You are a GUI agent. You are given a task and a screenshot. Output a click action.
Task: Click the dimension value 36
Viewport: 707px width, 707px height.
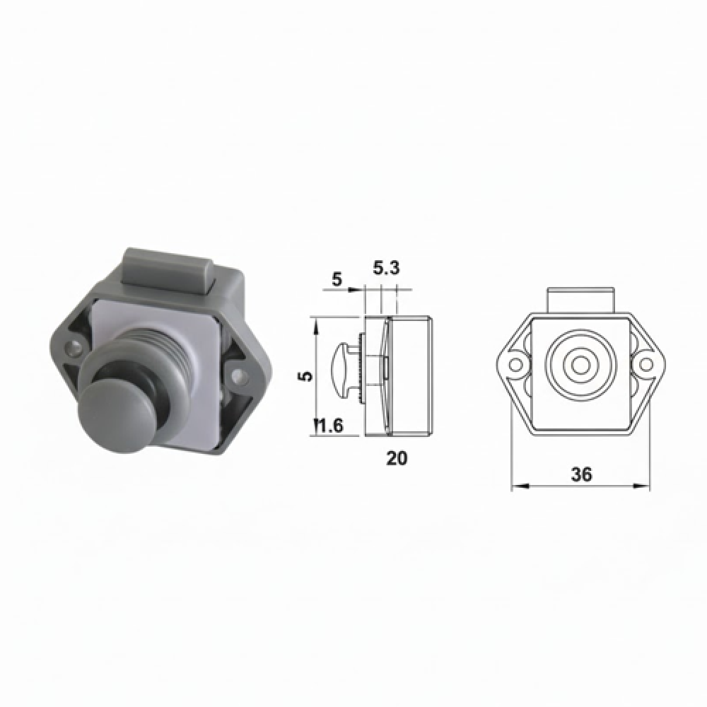click(581, 474)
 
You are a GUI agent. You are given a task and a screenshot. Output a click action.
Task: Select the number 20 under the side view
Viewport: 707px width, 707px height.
click(397, 458)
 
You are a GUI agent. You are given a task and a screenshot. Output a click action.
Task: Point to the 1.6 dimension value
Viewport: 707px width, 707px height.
click(329, 426)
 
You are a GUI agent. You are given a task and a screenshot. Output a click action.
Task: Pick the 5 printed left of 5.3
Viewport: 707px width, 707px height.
click(337, 279)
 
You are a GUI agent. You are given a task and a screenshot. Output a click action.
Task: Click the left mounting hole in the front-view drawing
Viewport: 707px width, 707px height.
click(517, 365)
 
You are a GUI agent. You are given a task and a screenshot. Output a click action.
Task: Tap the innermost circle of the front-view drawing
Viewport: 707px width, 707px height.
click(581, 365)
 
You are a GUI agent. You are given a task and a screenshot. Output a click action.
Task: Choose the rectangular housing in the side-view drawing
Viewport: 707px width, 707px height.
click(409, 375)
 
